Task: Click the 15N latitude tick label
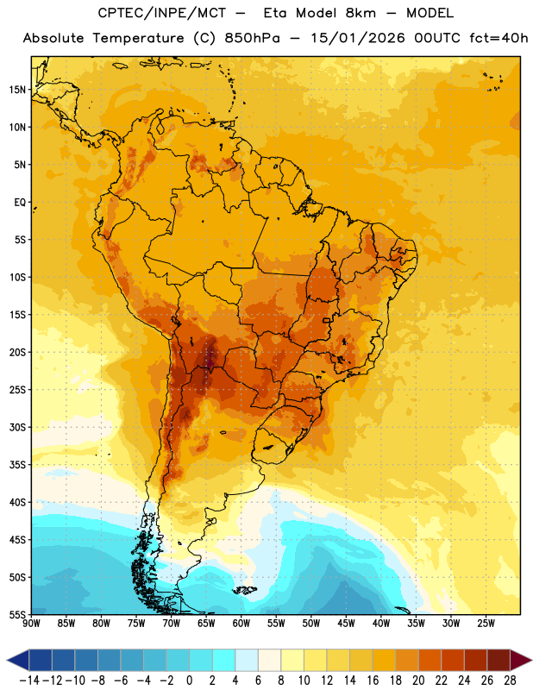click(x=17, y=90)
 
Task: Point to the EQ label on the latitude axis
click(x=20, y=203)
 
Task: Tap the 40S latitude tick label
click(x=17, y=502)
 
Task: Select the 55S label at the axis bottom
click(x=17, y=614)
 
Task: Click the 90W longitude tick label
click(x=31, y=624)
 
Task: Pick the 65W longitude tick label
click(x=206, y=624)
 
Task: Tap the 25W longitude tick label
click(x=486, y=624)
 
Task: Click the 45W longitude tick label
click(x=346, y=624)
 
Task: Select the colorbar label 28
click(x=510, y=681)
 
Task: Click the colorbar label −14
click(x=29, y=681)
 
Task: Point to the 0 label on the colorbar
click(x=189, y=681)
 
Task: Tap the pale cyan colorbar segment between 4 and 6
click(x=247, y=660)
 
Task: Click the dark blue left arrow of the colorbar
click(x=18, y=660)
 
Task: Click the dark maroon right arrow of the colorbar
click(x=521, y=660)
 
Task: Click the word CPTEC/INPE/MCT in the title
click(x=161, y=13)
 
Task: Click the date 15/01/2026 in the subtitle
click(x=357, y=38)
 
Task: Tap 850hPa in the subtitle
click(x=252, y=38)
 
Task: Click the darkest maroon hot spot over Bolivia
click(x=210, y=357)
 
